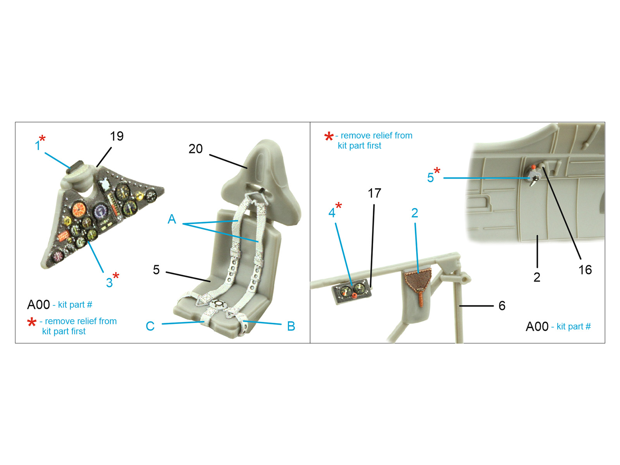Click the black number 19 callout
(x=117, y=136)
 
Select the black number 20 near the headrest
(x=195, y=149)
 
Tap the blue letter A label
(x=172, y=219)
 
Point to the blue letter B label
(x=291, y=326)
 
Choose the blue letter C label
(x=150, y=326)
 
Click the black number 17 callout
(x=374, y=193)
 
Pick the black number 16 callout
(x=585, y=270)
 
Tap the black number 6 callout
(x=502, y=306)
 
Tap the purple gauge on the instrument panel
(x=101, y=212)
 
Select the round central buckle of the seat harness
(x=218, y=304)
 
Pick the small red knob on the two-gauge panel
(x=354, y=295)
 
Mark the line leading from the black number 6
(x=476, y=306)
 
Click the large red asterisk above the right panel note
(x=329, y=136)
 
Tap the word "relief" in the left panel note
(x=86, y=321)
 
